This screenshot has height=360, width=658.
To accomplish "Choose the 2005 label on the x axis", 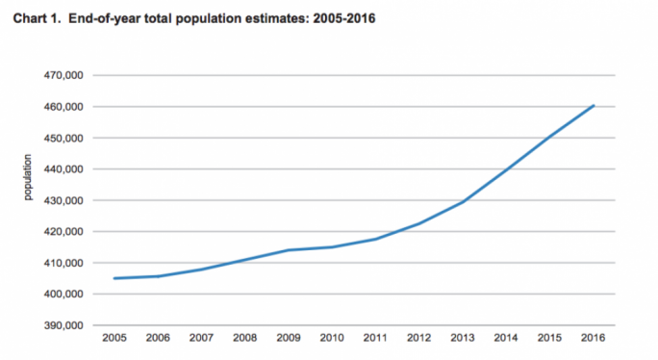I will pyautogui.click(x=114, y=337).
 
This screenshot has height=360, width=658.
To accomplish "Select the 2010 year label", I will pyautogui.click(x=332, y=337).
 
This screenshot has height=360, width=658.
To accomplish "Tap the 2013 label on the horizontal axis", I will pyautogui.click(x=463, y=337).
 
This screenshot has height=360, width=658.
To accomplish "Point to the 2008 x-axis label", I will pyautogui.click(x=244, y=337).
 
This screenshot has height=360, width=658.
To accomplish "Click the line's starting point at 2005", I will pyautogui.click(x=114, y=278).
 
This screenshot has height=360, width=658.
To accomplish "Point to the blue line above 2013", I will pyautogui.click(x=463, y=202).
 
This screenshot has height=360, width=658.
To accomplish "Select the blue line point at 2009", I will pyautogui.click(x=288, y=250).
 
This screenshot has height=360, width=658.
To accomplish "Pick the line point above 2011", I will pyautogui.click(x=375, y=239).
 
